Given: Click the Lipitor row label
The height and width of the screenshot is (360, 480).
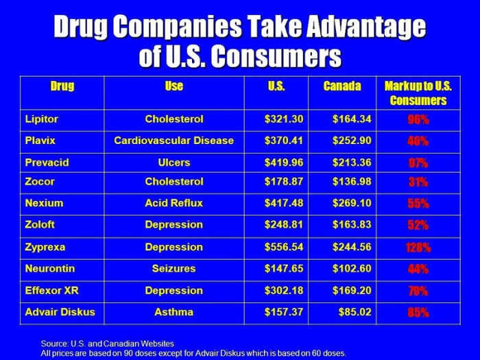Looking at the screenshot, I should click(x=42, y=119).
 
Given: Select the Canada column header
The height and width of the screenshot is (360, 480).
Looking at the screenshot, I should click(x=341, y=87).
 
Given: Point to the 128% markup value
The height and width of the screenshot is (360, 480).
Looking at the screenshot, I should click(x=418, y=248).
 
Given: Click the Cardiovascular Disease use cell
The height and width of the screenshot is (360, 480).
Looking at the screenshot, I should click(x=173, y=141).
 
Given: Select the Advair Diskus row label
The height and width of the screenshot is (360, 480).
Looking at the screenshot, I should click(x=60, y=312).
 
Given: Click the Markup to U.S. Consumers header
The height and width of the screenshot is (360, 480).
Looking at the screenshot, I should click(x=418, y=94).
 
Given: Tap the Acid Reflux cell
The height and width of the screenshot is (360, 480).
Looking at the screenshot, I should click(x=173, y=203).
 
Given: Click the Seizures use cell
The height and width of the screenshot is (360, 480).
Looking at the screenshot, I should click(x=173, y=269).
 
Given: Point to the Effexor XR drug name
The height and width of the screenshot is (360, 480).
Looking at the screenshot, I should click(x=52, y=291).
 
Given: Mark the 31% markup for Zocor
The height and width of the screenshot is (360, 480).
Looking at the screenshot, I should click(x=418, y=182).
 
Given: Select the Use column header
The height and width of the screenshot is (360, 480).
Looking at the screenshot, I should click(x=173, y=87).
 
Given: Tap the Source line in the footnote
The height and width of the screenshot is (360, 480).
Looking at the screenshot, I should click(x=107, y=343).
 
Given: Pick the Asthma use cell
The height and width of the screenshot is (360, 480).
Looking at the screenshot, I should click(x=173, y=312).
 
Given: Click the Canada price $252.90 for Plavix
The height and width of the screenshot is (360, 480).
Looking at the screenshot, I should click(x=352, y=141).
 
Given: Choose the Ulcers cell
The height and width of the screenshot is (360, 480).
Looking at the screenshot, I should click(x=173, y=163).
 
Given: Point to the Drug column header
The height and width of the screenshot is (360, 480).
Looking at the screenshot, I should click(x=62, y=87).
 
